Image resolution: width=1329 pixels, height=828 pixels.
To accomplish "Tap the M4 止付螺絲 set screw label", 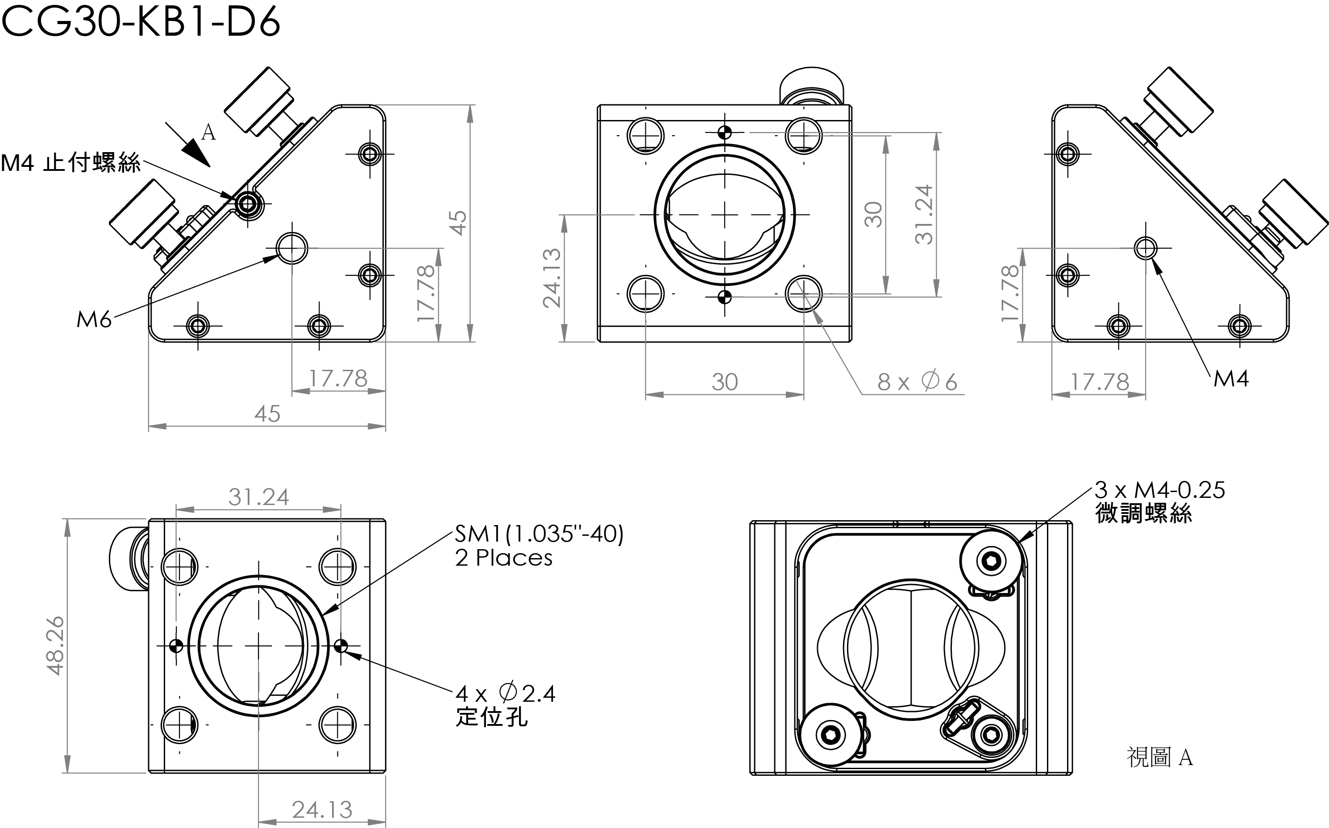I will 70,163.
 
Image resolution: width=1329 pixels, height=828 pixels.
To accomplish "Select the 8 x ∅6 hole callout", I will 917,382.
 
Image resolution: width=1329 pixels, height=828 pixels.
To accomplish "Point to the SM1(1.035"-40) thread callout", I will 539,534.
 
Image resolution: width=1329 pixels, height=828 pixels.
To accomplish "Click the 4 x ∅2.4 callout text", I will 505,694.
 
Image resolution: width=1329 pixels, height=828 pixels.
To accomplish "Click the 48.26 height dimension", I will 56,646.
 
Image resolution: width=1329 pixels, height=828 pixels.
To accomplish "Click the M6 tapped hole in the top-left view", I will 292,248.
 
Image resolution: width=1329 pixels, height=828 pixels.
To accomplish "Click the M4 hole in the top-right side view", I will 1146,248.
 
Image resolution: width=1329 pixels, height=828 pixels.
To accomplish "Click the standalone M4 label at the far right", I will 1230,378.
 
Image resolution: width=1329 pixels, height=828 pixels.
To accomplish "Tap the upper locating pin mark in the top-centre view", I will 725,132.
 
